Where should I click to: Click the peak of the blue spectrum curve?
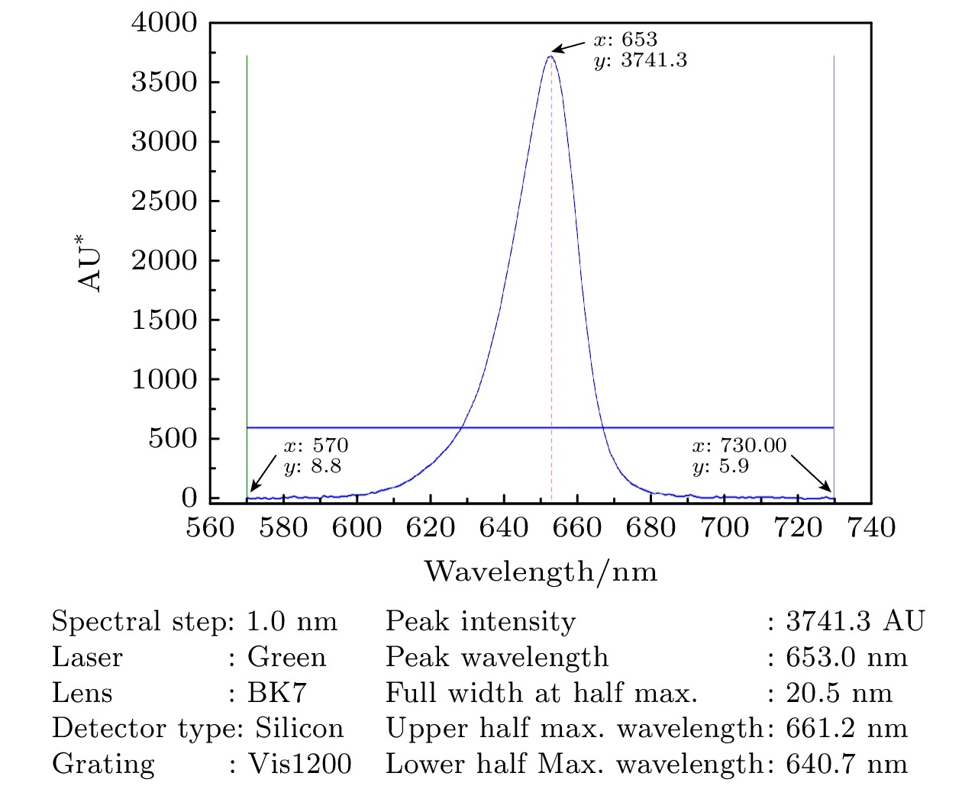pyautogui.click(x=550, y=56)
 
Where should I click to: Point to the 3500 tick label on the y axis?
pyautogui.click(x=164, y=82)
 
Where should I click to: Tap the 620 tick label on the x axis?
pyautogui.click(x=430, y=527)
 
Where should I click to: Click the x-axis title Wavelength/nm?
pyautogui.click(x=541, y=571)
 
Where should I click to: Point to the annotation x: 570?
pyautogui.click(x=315, y=446)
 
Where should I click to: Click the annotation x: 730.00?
pyautogui.click(x=738, y=446)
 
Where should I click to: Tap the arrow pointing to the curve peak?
pyautogui.click(x=568, y=47)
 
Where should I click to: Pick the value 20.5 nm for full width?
pyautogui.click(x=839, y=693)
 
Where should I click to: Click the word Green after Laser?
pyautogui.click(x=286, y=657)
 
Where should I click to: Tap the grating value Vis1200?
pyautogui.click(x=300, y=764)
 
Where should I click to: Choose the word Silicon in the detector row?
pyautogui.click(x=299, y=728)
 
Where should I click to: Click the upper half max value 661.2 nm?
pyautogui.click(x=847, y=728)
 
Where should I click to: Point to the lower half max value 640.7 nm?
pyautogui.click(x=847, y=764)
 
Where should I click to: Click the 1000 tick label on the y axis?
pyautogui.click(x=164, y=379)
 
